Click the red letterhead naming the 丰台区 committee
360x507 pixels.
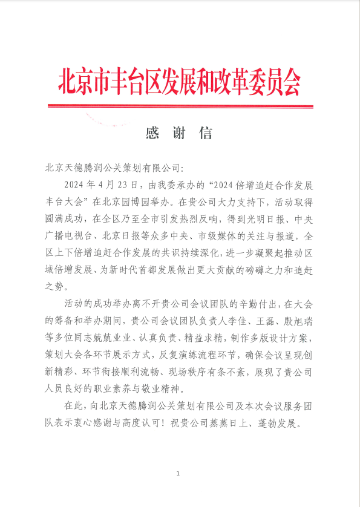click(x=179, y=82)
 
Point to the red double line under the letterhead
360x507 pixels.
click(x=179, y=107)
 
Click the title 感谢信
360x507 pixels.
click(x=179, y=133)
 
